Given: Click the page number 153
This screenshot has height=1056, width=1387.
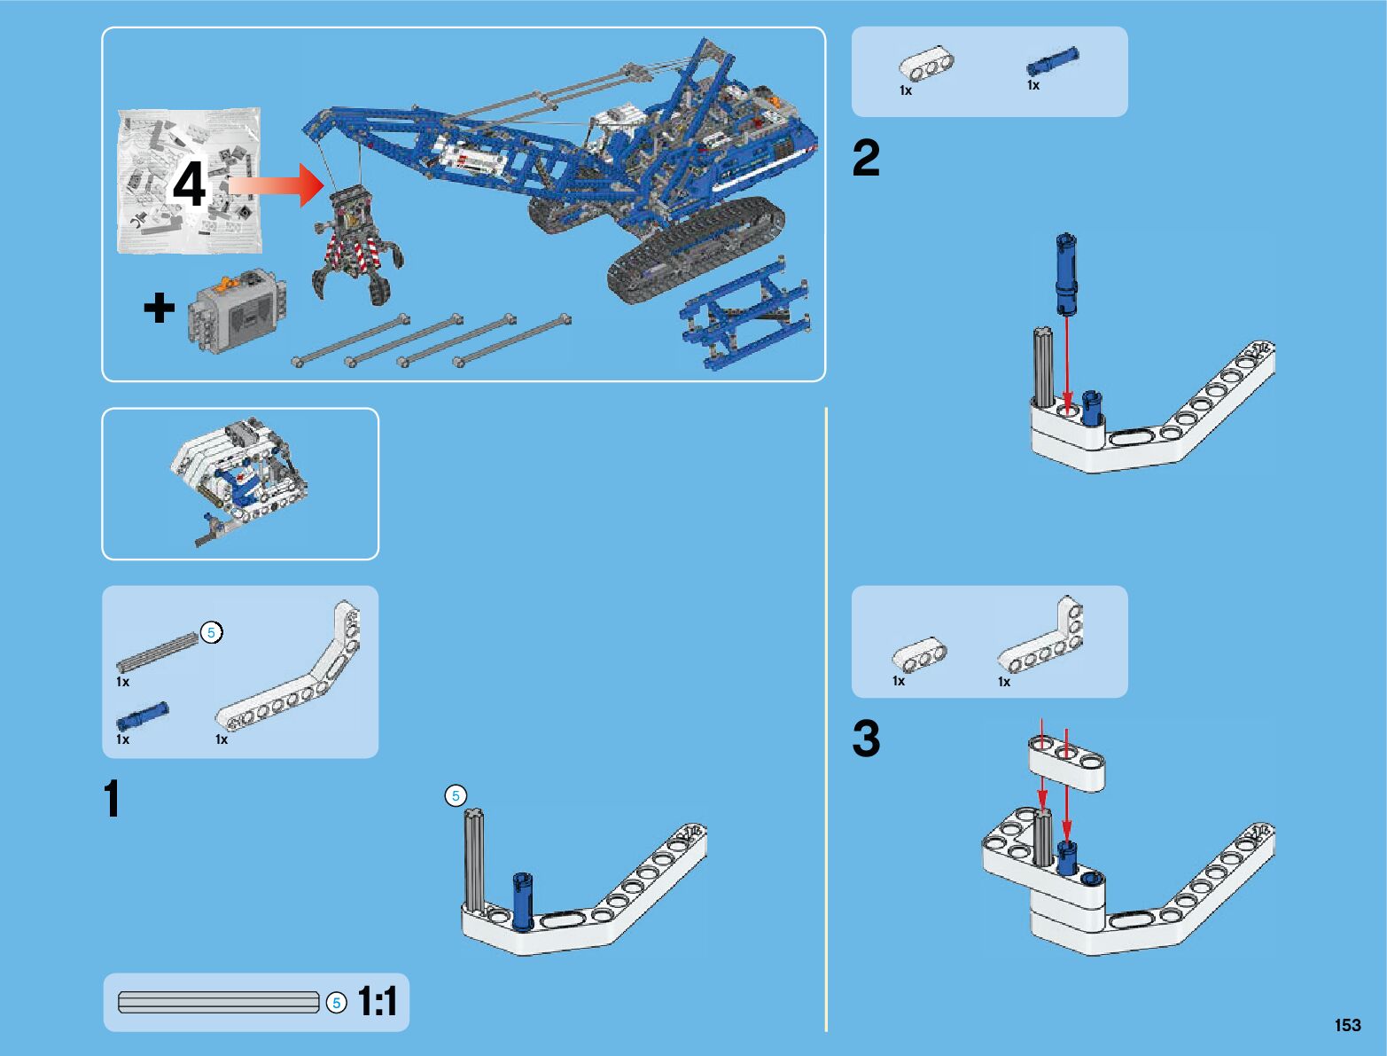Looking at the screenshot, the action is [x=1347, y=1025].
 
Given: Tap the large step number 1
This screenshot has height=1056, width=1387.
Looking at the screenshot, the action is [x=112, y=799].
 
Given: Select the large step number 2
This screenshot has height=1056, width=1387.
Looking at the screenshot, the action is [x=866, y=159].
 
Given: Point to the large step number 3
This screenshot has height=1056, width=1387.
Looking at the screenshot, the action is [x=866, y=739].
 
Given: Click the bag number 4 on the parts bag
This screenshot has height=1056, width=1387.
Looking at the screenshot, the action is [x=189, y=185].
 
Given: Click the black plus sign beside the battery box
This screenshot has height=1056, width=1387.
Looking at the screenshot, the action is [x=160, y=309].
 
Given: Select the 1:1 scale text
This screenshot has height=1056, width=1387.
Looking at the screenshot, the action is [x=378, y=1002].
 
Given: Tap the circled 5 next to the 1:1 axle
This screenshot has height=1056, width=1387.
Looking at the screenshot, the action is [x=337, y=1003].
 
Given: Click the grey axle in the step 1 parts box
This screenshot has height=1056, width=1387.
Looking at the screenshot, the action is [x=158, y=653].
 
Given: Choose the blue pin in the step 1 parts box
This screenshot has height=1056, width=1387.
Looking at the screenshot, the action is [x=142, y=715].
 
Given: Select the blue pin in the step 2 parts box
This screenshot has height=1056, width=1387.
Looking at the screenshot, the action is [x=1052, y=61].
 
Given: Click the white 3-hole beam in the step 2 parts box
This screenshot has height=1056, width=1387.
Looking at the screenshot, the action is [x=927, y=66].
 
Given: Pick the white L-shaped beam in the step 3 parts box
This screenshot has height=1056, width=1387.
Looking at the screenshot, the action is [x=1042, y=641].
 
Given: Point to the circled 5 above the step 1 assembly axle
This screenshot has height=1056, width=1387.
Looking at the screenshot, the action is [x=456, y=795].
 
